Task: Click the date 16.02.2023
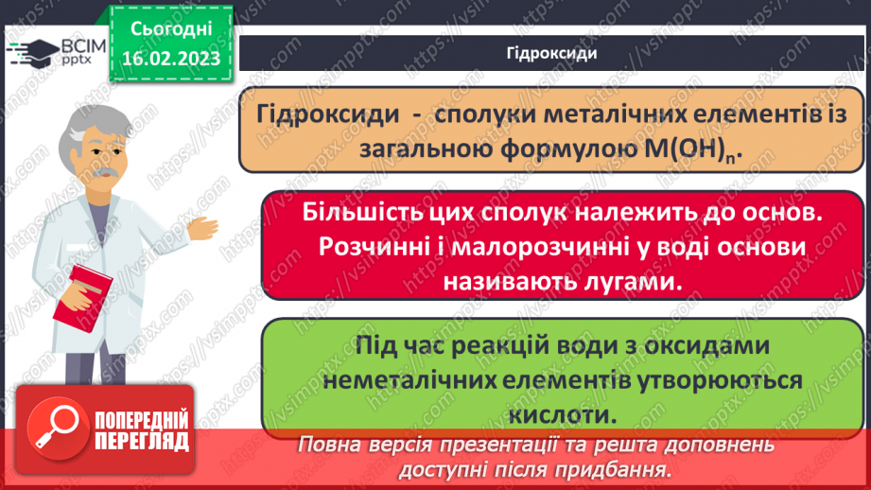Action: pyautogui.click(x=170, y=59)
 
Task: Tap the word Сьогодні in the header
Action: pyautogui.click(x=170, y=29)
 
